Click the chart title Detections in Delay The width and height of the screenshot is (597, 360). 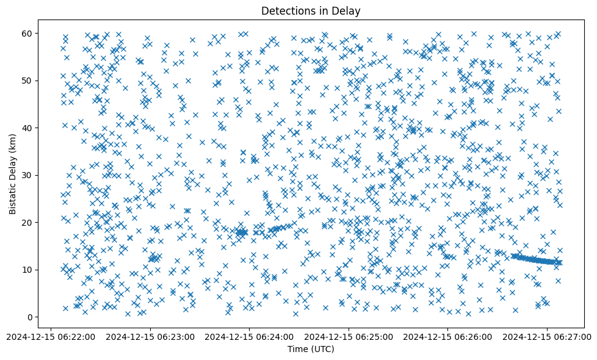tap(311, 10)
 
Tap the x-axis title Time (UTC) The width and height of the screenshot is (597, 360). tap(311, 349)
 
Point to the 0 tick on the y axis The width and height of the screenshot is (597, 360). tap(30, 317)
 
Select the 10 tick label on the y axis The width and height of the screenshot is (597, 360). tap(27, 270)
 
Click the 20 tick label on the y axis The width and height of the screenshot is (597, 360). tap(27, 222)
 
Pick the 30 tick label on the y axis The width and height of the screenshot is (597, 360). tap(27, 175)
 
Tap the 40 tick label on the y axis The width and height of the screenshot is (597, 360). tap(27, 128)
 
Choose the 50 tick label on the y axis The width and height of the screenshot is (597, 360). tap(27, 81)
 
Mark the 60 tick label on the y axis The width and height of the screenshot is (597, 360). tap(27, 33)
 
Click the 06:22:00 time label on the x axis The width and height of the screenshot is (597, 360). tap(51, 336)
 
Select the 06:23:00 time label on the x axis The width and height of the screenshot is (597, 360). tap(150, 336)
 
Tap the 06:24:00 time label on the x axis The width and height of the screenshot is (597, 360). tap(250, 336)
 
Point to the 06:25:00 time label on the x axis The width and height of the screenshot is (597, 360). tap(349, 336)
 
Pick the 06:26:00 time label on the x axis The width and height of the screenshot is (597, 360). tap(448, 336)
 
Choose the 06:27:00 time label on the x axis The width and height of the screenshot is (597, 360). tap(547, 336)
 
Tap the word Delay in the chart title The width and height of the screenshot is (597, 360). tap(347, 10)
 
